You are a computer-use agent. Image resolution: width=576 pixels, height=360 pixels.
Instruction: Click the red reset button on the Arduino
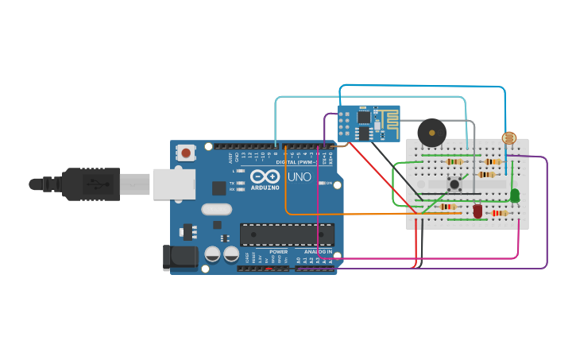(186, 152)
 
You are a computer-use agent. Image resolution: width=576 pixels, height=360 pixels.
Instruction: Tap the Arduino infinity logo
(264, 177)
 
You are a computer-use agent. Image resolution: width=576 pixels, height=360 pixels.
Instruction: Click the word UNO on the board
(298, 177)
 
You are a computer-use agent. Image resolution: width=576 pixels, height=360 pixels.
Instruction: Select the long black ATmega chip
(287, 234)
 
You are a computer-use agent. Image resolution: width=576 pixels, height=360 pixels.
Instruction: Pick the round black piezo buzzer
(432, 132)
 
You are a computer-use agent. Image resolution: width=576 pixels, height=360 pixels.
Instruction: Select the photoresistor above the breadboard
(508, 138)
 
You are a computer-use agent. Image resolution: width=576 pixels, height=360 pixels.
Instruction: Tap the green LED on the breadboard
(514, 195)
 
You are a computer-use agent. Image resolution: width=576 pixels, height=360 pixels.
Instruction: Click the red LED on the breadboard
(477, 211)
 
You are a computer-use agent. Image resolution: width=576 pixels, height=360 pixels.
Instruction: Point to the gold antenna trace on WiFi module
(388, 120)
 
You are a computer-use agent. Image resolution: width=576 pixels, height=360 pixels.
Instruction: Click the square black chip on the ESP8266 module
(363, 117)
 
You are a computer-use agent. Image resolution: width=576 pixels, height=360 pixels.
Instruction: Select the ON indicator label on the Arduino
(329, 183)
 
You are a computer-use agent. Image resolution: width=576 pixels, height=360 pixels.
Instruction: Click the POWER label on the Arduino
(278, 252)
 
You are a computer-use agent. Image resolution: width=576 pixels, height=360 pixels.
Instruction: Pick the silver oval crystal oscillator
(216, 210)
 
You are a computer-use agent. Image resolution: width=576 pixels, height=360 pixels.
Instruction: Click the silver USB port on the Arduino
(173, 184)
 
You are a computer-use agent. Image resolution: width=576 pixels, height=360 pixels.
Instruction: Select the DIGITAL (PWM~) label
(297, 162)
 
